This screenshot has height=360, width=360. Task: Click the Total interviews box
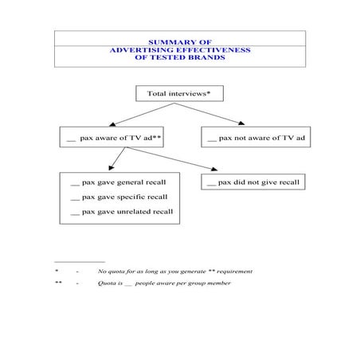pos(179,93)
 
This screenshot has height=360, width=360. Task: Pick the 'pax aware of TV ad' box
pos(112,137)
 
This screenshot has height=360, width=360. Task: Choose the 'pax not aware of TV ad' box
pos(256,137)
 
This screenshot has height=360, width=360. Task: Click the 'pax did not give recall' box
pos(253,182)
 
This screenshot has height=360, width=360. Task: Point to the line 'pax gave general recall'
pos(118,182)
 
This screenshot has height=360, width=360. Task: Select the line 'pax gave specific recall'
pos(119,197)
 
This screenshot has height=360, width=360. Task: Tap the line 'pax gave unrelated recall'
pos(122,212)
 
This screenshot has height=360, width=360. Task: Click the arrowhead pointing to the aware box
pos(112,124)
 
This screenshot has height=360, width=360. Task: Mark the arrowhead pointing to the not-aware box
pos(241,123)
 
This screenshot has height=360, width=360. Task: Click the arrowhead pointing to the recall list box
pos(112,168)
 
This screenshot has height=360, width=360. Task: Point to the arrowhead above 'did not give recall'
pos(214,169)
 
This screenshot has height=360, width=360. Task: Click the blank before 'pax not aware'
pos(212,141)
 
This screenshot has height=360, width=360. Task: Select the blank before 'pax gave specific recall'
pos(75,200)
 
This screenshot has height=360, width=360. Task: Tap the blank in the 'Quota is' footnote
pos(128,285)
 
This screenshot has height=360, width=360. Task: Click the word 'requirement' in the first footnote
pos(235,272)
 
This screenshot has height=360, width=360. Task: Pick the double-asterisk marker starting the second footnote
pos(58,282)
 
